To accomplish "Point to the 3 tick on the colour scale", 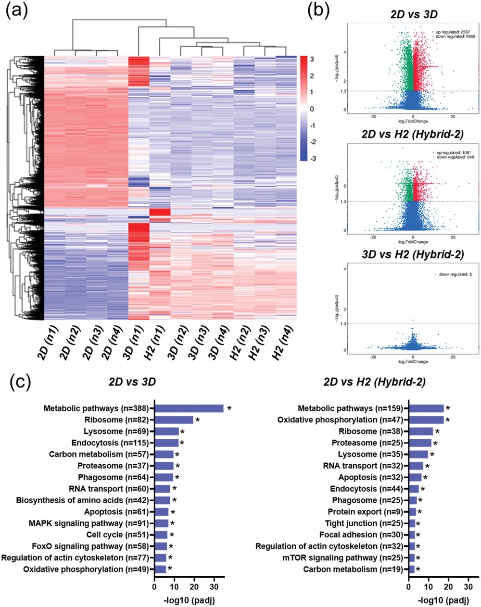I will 312,59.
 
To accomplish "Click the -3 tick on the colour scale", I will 312,158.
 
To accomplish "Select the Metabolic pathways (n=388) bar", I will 189,409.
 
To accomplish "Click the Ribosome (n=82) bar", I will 174,420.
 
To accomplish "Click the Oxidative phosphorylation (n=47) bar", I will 426,420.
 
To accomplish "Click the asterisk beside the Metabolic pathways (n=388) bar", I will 229,409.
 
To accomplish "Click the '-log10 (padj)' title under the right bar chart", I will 439,600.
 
